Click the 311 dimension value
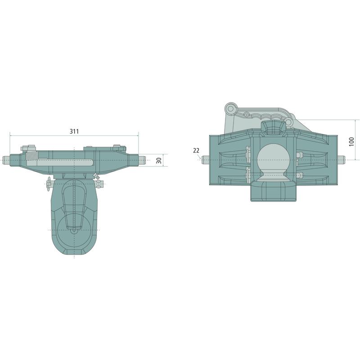point(74,131)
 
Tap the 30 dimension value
point(159,160)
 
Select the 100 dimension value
point(351,141)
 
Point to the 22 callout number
point(196,150)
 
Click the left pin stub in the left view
point(6,160)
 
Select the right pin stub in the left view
point(142,160)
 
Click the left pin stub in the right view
point(206,160)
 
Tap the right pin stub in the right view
point(342,160)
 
